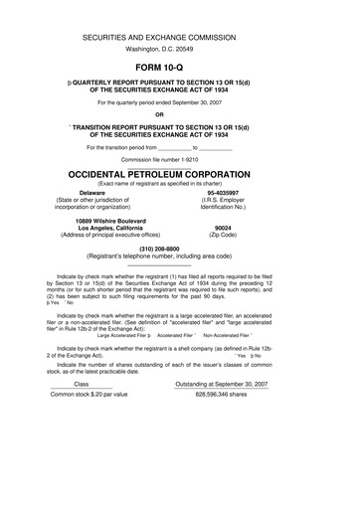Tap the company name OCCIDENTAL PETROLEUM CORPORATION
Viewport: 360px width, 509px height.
coord(179,172)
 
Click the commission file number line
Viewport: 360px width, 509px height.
coord(180,158)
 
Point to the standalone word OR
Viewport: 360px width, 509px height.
coord(179,125)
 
